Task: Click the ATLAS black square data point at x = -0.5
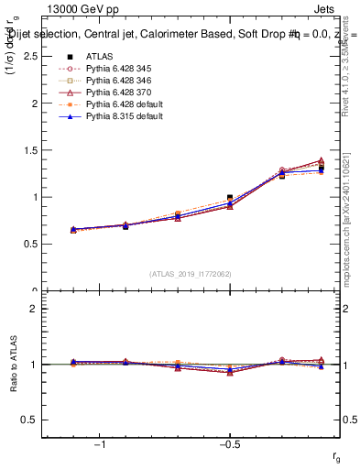(x=230, y=197)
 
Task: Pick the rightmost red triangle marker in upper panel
(x=321, y=160)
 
